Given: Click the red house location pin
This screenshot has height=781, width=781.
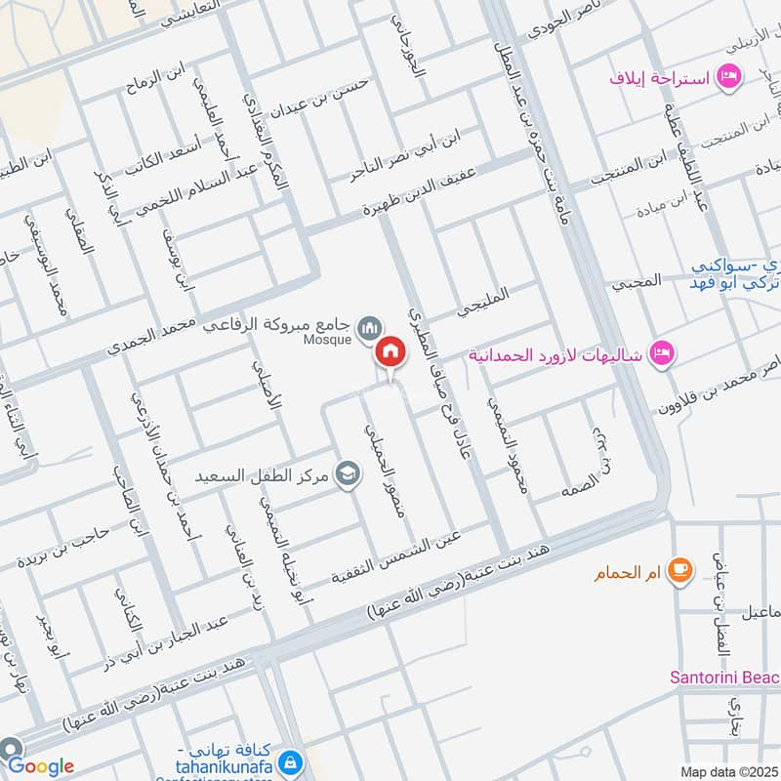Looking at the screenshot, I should [x=390, y=353].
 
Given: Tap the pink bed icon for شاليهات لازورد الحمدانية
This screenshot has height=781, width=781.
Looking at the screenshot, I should [x=662, y=352].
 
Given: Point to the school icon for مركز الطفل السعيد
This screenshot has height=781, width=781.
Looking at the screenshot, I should [x=346, y=474].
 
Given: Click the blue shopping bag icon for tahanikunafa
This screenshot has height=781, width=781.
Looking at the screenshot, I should [x=288, y=760].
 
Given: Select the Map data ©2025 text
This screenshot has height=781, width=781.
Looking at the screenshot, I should [x=727, y=771].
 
